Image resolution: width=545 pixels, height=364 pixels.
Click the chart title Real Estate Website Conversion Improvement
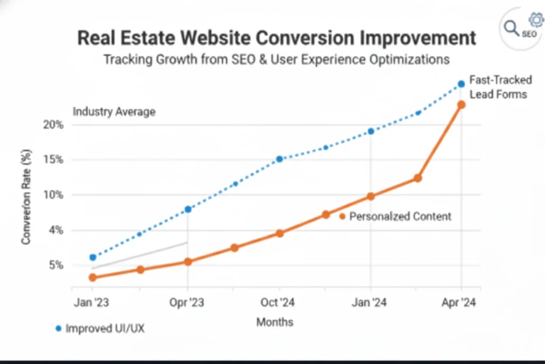(x=276, y=38)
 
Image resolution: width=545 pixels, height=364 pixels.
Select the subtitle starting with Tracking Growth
(x=276, y=59)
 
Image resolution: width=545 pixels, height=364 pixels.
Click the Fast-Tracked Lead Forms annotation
(x=500, y=87)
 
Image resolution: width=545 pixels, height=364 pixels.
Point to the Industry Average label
(x=114, y=112)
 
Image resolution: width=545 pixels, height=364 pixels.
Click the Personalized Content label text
(x=400, y=216)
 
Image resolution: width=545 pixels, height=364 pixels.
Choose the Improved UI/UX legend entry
(x=104, y=328)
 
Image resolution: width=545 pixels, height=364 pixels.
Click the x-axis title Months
(x=275, y=322)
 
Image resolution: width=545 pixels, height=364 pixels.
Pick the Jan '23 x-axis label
(x=92, y=303)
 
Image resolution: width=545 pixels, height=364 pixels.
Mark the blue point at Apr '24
(x=461, y=84)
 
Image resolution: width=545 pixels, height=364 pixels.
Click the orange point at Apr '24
(x=461, y=105)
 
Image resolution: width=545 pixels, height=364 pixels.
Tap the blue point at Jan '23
(x=93, y=257)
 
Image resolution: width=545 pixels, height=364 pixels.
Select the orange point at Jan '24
(x=370, y=197)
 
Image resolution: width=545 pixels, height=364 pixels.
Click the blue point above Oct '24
(x=279, y=159)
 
